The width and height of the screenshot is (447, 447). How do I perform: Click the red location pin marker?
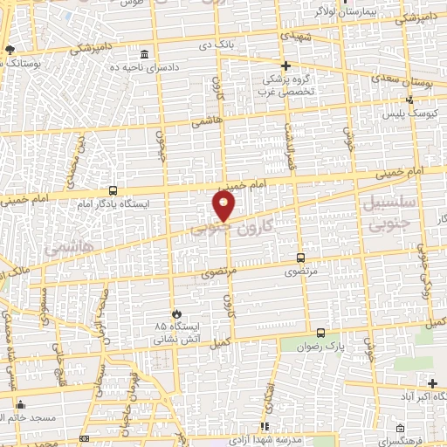pyautogui.click(x=223, y=206)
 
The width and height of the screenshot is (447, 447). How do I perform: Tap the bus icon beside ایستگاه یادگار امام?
pyautogui.click(x=113, y=189)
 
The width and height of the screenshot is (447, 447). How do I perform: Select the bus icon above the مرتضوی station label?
pyautogui.click(x=301, y=258)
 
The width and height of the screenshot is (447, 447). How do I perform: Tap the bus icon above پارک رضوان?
pyautogui.click(x=320, y=333)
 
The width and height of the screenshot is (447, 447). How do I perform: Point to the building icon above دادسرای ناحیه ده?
pyautogui.click(x=156, y=55)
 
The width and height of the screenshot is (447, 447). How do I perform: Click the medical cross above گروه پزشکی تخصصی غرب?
pyautogui.click(x=285, y=65)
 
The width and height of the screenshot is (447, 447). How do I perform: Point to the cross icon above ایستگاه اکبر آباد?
pyautogui.click(x=432, y=382)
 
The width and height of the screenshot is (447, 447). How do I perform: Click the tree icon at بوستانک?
pyautogui.click(x=9, y=50)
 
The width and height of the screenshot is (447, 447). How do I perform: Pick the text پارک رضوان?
pyautogui.click(x=325, y=347)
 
